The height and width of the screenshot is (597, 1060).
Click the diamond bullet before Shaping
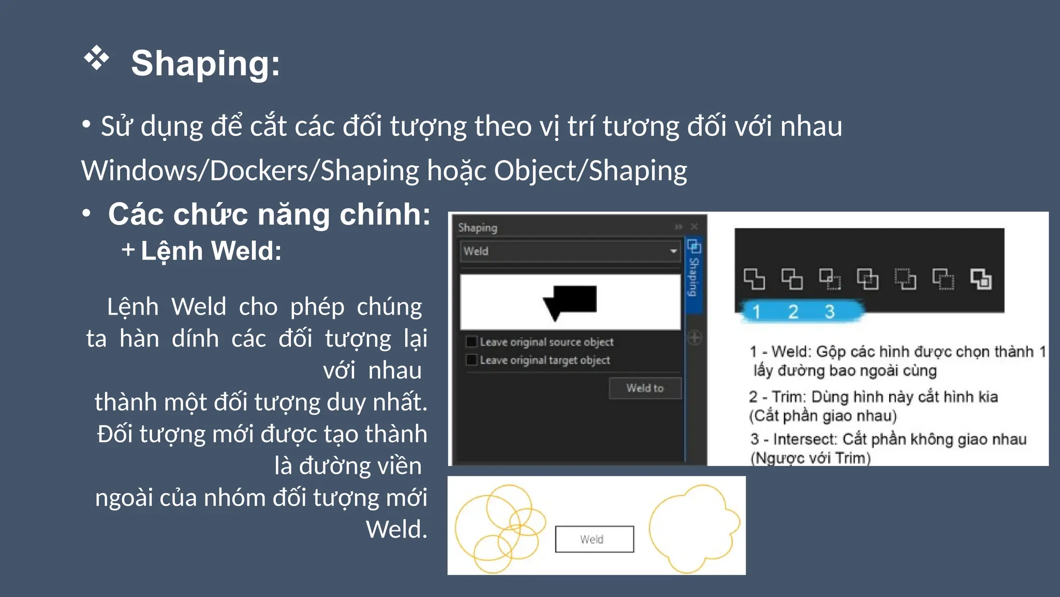pyautogui.click(x=97, y=58)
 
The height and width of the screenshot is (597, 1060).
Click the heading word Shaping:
pyautogui.click(x=205, y=64)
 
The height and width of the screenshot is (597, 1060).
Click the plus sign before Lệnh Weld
pyautogui.click(x=128, y=250)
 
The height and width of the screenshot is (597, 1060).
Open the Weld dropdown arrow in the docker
pyautogui.click(x=673, y=251)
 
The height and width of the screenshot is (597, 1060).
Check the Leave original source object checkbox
pyautogui.click(x=472, y=342)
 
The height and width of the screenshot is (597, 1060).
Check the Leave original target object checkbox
pyautogui.click(x=472, y=360)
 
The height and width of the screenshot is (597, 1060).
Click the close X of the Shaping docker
pyautogui.click(x=694, y=226)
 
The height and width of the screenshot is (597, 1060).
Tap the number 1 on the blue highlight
pyautogui.click(x=756, y=311)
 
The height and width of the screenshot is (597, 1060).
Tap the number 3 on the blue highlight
pyautogui.click(x=830, y=311)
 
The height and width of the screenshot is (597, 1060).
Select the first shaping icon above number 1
pyautogui.click(x=754, y=279)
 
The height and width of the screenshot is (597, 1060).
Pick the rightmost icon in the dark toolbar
pyautogui.click(x=981, y=279)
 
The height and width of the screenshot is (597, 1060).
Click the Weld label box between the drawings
pyautogui.click(x=594, y=539)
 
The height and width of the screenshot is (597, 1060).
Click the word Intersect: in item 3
pyautogui.click(x=804, y=439)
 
